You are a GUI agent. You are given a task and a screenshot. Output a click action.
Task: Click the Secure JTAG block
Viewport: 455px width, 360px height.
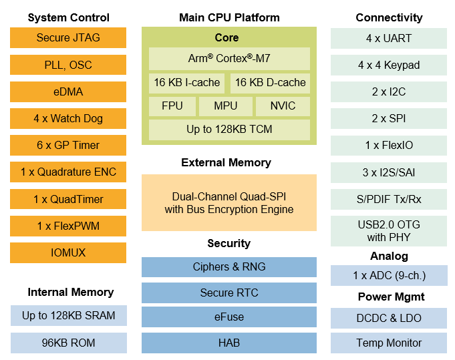click(68, 38)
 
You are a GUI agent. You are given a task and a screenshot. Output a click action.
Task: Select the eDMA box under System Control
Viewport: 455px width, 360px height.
click(68, 92)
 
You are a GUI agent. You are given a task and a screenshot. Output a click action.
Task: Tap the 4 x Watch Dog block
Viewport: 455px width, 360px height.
click(68, 118)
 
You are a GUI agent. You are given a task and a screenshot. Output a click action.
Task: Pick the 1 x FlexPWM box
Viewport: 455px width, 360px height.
click(68, 226)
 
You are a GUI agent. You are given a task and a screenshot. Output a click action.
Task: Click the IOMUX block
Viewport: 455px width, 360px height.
click(68, 252)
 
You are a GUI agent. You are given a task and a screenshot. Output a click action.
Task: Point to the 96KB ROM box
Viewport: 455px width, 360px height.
click(68, 343)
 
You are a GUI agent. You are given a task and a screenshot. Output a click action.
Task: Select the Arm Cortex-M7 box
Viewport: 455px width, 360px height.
click(229, 58)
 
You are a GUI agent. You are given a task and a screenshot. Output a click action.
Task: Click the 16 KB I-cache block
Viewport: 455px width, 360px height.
click(186, 83)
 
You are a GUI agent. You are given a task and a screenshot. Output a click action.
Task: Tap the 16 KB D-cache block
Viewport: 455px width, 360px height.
click(271, 83)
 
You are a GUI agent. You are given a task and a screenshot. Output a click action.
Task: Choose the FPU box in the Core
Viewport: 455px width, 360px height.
click(172, 106)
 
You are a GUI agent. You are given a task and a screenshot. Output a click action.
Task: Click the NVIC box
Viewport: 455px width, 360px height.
click(283, 106)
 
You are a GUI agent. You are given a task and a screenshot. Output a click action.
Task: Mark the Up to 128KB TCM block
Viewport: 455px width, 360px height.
click(229, 130)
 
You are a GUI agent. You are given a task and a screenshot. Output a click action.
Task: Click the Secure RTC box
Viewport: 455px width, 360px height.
click(229, 293)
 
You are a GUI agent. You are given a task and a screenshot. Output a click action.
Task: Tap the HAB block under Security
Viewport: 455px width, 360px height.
click(229, 343)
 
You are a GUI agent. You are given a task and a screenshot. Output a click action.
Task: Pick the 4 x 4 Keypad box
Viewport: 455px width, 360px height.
click(389, 65)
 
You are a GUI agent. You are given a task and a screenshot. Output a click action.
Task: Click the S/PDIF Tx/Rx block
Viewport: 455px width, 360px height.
click(389, 199)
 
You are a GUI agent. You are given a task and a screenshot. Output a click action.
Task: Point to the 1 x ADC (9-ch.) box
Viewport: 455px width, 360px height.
click(389, 275)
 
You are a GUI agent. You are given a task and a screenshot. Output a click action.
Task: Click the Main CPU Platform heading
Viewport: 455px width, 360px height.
click(229, 17)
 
